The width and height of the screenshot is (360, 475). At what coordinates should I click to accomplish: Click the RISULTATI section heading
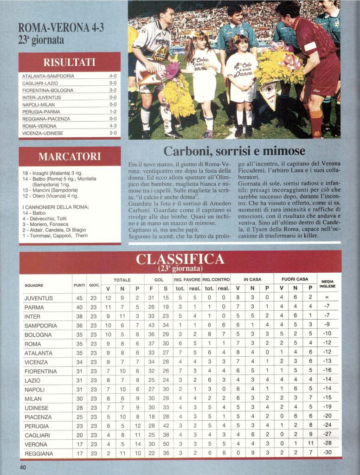69,62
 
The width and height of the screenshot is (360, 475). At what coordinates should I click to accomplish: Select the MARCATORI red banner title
69,156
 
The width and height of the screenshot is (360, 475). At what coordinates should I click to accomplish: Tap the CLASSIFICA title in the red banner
180,259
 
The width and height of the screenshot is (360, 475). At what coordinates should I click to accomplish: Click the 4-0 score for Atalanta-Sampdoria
113,76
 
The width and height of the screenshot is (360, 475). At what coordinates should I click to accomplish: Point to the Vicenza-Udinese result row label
43,133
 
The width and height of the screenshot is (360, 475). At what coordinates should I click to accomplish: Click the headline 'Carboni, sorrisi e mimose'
234,151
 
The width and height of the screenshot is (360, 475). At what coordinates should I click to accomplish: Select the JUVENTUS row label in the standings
39,298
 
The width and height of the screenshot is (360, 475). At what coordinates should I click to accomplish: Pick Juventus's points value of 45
79,298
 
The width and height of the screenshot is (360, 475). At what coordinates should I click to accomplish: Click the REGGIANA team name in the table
39,453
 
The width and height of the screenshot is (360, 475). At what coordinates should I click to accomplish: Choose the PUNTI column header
79,285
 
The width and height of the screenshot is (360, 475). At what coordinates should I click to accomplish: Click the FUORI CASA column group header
291,280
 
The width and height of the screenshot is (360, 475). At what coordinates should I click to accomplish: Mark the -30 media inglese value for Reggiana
328,453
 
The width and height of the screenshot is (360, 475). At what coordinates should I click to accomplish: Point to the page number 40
23,467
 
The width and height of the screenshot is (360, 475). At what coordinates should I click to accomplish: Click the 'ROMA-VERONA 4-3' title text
61,28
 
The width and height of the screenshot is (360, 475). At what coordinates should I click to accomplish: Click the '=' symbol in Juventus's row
328,298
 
